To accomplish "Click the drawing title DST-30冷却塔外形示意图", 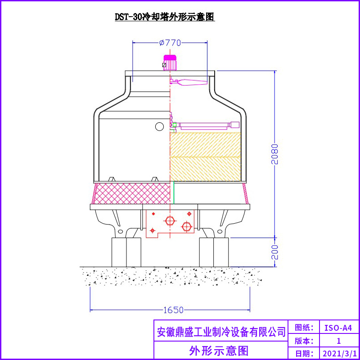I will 165,17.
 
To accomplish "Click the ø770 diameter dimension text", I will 170,43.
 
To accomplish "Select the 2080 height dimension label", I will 275,154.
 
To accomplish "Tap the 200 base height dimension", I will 275,252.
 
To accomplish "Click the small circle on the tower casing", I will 159,126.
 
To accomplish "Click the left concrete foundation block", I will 126,252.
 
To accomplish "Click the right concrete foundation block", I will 214,252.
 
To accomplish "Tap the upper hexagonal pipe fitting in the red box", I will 170,221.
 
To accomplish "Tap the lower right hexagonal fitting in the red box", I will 186,227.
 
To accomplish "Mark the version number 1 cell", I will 338,341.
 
